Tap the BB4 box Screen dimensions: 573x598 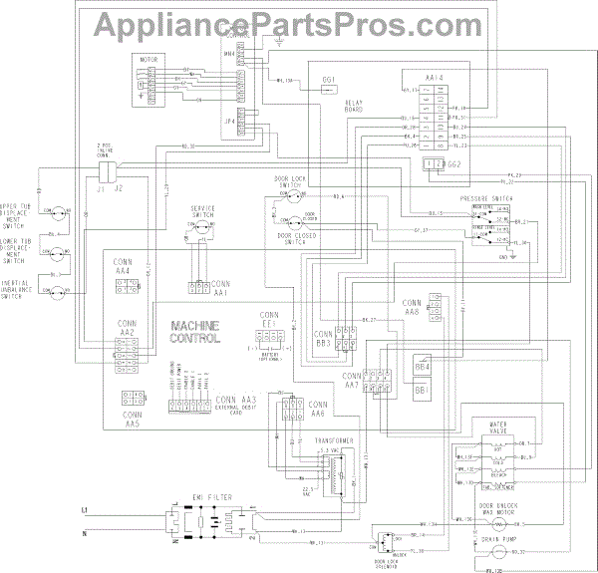422,367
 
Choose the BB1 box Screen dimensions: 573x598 422,391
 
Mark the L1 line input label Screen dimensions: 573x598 85,509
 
